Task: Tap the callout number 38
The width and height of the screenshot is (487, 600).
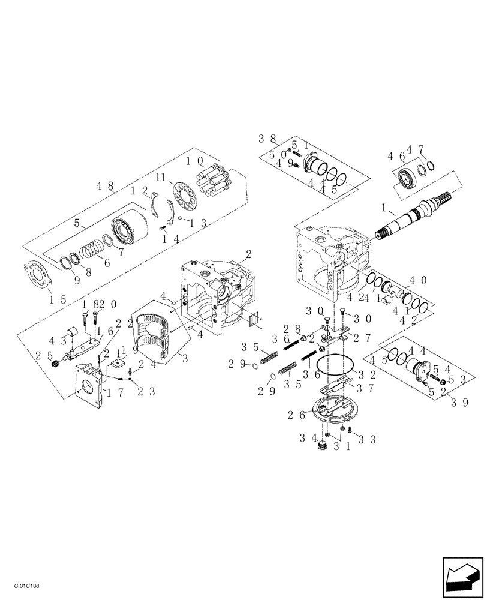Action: pyautogui.click(x=267, y=138)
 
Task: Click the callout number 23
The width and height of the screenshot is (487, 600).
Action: pyautogui.click(x=147, y=392)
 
